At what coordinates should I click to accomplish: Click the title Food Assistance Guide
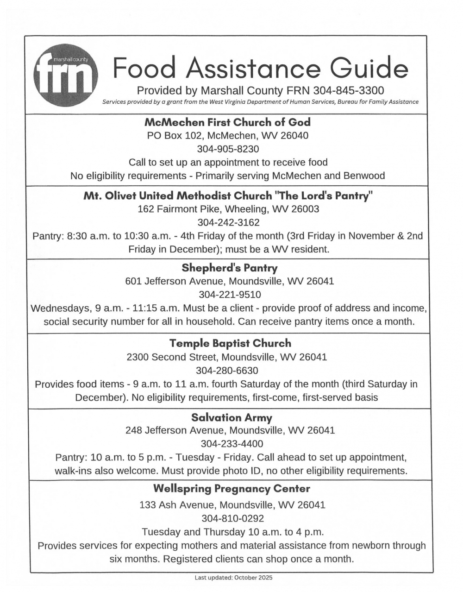click(261, 69)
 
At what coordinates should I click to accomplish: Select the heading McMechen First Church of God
click(227, 122)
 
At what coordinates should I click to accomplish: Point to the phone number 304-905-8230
click(228, 149)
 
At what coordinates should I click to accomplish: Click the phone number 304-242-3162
click(228, 222)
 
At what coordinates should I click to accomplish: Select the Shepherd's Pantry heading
click(230, 268)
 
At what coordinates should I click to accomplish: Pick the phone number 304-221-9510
click(230, 295)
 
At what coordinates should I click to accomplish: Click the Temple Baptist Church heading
click(230, 343)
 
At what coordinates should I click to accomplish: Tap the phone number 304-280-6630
click(227, 371)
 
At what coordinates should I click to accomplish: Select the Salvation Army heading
click(231, 417)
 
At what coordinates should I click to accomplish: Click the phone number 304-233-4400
click(231, 444)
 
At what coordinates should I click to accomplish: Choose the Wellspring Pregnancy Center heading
click(231, 489)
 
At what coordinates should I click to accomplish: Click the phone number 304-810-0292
click(232, 518)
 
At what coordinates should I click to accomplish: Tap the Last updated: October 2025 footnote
click(233, 578)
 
